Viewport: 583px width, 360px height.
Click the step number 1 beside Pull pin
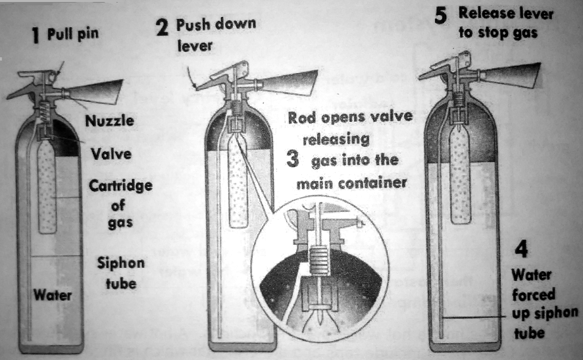[37, 37]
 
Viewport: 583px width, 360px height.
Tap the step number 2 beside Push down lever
[162, 27]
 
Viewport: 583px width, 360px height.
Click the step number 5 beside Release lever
[444, 15]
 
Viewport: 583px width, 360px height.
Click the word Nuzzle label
[109, 121]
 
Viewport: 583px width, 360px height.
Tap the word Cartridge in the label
[120, 186]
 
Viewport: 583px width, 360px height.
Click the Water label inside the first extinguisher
[53, 296]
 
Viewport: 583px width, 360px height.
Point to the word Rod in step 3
[303, 117]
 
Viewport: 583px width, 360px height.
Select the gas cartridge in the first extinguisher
[47, 188]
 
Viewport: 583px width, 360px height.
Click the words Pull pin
[72, 34]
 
